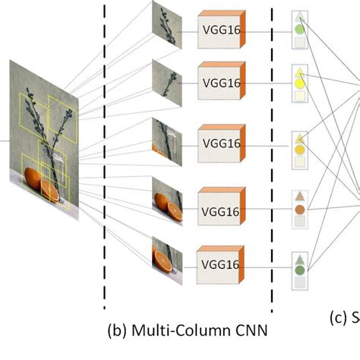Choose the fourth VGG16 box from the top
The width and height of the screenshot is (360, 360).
[220, 204]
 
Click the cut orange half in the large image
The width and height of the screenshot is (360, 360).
[49, 190]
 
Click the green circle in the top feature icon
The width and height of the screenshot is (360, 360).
[300, 31]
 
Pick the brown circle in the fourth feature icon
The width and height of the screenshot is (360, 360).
[300, 208]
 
